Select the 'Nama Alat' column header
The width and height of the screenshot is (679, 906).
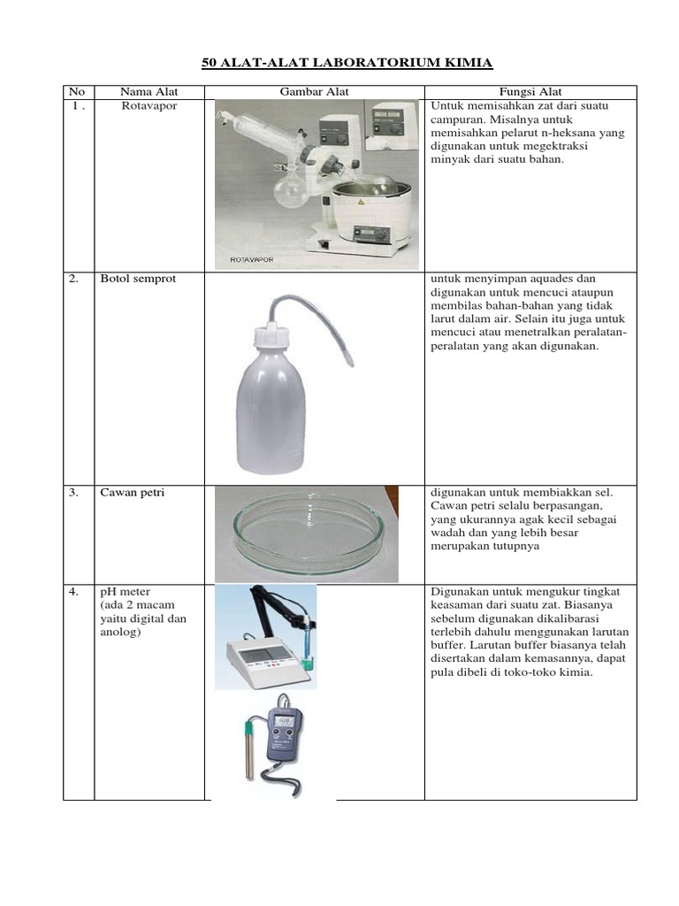[x=149, y=92]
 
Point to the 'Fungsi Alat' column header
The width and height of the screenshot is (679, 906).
[x=530, y=92]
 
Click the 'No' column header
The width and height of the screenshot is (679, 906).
[x=78, y=92]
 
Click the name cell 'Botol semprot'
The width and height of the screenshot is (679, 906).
[x=138, y=279]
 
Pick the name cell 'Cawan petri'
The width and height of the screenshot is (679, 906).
[x=132, y=493]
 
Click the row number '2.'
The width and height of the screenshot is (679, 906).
[x=74, y=279]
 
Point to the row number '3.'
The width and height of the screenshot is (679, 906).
[x=74, y=493]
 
